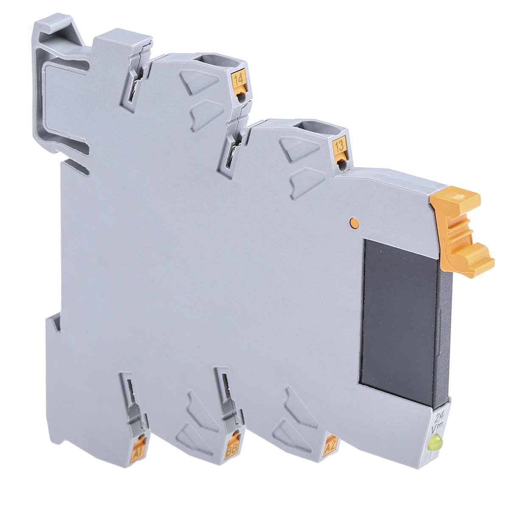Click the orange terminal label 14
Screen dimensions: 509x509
[238, 79]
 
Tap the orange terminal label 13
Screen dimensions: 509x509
[339, 147]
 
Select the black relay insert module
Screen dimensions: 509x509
[399, 320]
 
